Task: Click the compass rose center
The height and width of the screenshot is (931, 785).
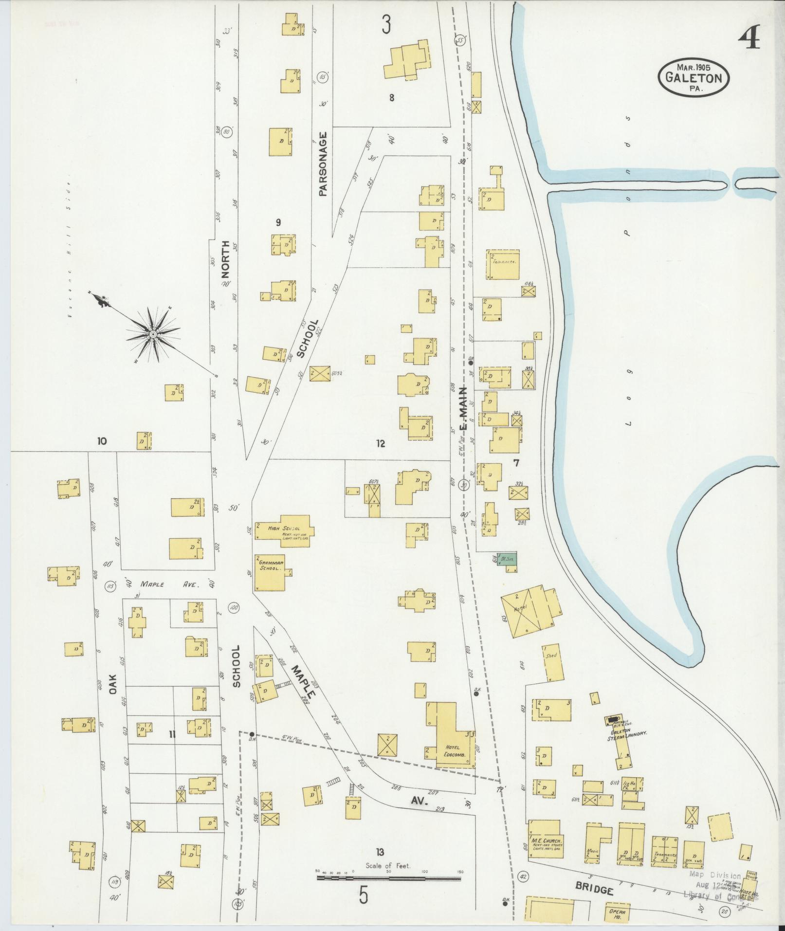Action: click(153, 334)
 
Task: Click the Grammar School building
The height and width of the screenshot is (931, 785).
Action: click(269, 573)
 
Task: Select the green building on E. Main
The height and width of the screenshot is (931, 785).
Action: click(507, 558)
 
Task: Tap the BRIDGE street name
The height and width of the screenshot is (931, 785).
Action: click(594, 889)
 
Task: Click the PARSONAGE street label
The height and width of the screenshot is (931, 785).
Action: click(323, 164)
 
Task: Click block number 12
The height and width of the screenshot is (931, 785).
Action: click(380, 443)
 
